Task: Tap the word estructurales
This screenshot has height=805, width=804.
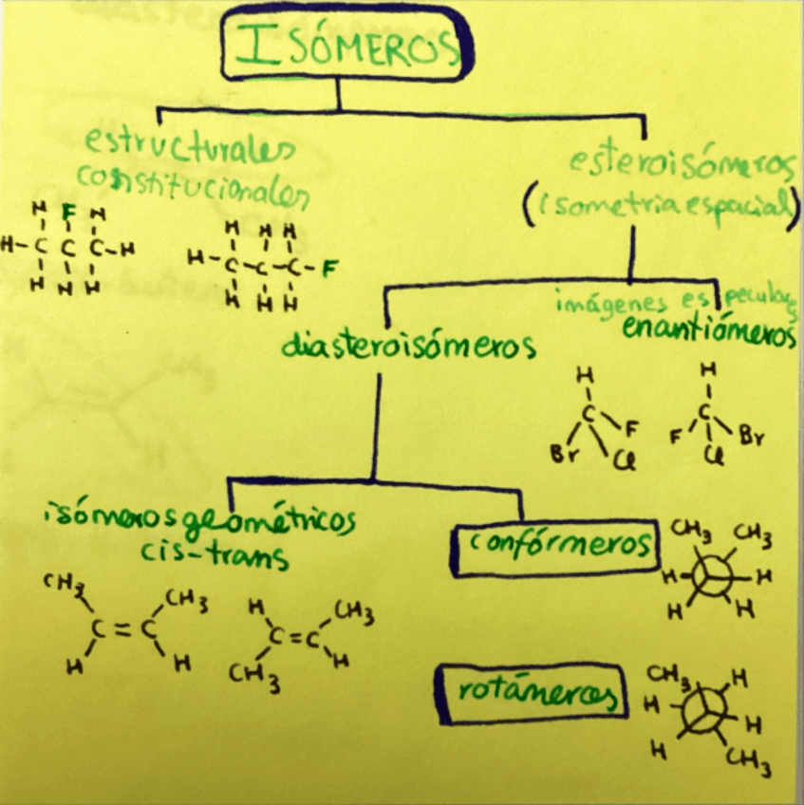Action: click(x=189, y=146)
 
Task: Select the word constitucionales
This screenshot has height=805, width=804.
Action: click(x=193, y=185)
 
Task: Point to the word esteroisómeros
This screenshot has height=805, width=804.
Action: click(x=682, y=163)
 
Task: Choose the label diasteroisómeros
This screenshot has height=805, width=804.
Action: click(x=408, y=346)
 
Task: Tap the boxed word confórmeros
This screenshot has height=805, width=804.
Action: click(x=555, y=546)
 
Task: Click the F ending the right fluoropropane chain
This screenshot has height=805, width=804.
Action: click(x=328, y=267)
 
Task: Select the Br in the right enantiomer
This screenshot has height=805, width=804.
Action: click(x=750, y=440)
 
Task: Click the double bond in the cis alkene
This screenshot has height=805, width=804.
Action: click(x=122, y=627)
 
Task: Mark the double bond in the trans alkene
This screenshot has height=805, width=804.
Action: click(x=295, y=639)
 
